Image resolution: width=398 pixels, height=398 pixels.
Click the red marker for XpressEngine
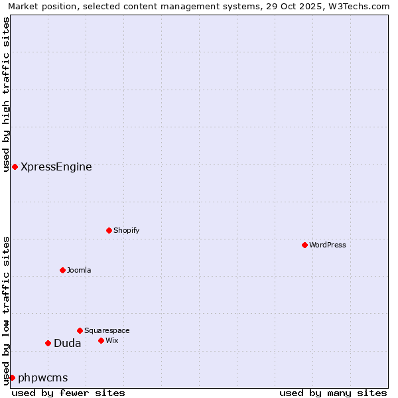(15, 166)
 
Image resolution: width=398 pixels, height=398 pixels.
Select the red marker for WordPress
(304, 245)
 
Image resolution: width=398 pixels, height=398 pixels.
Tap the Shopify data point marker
(109, 230)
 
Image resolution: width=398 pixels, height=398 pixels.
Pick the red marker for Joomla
(62, 270)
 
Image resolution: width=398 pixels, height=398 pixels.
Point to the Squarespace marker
(80, 330)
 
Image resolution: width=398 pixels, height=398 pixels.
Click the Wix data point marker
(101, 340)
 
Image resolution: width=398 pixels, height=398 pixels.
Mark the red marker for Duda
(48, 343)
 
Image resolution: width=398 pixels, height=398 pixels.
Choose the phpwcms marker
(12, 377)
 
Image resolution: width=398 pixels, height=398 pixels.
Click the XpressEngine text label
(56, 167)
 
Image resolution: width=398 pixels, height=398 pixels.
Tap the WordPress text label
(328, 245)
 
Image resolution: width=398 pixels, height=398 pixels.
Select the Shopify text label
(126, 230)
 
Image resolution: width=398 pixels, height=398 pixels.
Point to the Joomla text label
(79, 270)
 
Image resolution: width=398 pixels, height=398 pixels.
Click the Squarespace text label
(107, 330)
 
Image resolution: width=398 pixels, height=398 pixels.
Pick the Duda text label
(68, 344)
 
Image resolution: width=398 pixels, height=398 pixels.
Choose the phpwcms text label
(43, 378)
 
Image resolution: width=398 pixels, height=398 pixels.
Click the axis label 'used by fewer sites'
(68, 393)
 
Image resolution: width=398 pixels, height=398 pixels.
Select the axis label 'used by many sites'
(333, 393)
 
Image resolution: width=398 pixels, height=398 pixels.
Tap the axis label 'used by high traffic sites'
(6, 94)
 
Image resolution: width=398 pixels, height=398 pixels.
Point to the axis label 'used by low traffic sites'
(6, 310)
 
